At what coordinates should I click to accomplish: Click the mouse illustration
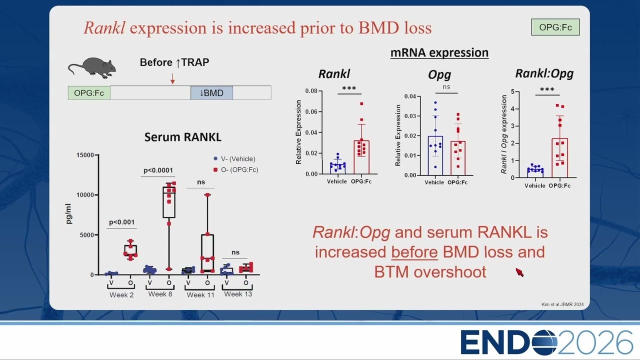coord(92,67)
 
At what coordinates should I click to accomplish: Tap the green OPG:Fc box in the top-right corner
coord(555,27)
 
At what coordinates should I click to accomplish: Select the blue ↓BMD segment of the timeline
coord(211,93)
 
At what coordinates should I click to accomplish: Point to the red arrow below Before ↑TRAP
coord(172,78)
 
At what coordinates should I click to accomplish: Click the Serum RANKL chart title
coord(183,137)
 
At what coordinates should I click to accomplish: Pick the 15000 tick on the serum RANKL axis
coord(85,155)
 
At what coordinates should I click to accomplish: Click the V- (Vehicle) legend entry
coord(234,159)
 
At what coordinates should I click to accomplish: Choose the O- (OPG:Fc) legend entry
coord(235,169)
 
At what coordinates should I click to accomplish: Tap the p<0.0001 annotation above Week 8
coord(158,170)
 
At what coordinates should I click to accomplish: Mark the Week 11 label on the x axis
coord(200,295)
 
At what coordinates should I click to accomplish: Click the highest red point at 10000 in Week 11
coord(207,195)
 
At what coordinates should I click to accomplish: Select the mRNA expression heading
coord(439,53)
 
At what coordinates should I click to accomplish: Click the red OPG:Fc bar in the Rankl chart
coord(361,157)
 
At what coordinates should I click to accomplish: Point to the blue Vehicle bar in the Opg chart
coord(435,155)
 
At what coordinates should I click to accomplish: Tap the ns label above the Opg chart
coord(446,87)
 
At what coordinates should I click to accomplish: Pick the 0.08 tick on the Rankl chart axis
coord(311,91)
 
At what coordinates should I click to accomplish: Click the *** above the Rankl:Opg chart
coord(547,89)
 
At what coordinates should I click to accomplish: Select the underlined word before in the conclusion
coord(414,252)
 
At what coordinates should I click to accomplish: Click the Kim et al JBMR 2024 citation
coord(562,304)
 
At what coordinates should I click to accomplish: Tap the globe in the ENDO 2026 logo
coord(544,342)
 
